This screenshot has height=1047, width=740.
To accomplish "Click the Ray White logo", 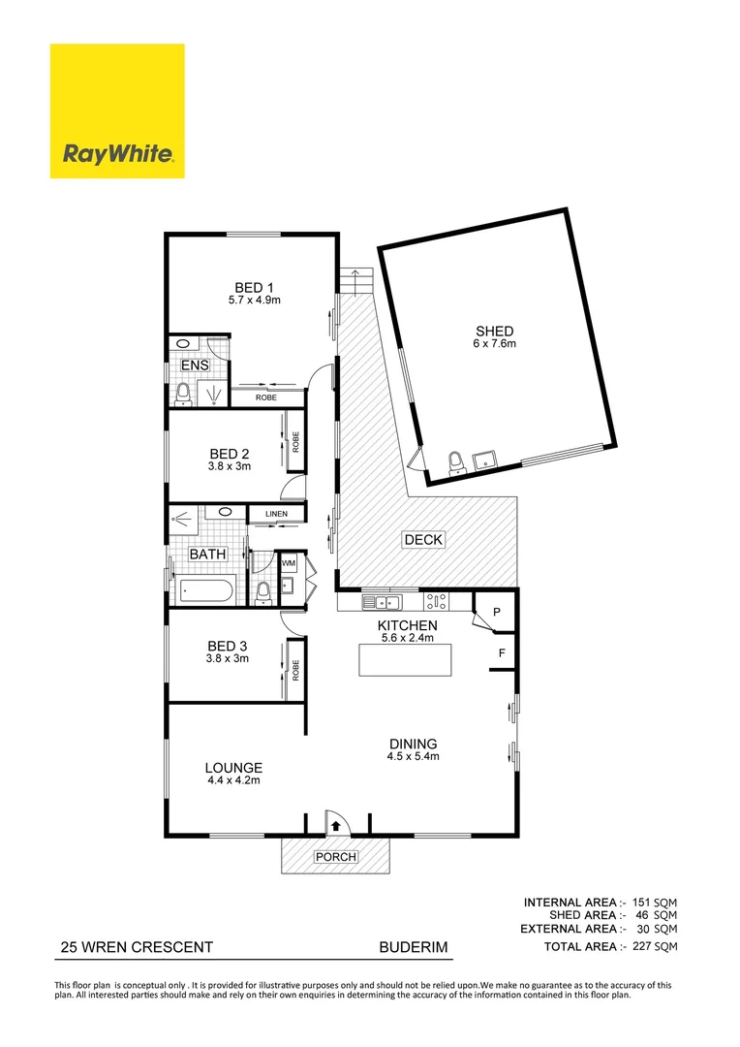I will (x=117, y=111).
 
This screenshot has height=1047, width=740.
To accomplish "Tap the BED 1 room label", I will (x=255, y=286).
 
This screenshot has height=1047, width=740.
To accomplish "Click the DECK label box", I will (x=424, y=540).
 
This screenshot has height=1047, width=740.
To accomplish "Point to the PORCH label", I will (x=336, y=857).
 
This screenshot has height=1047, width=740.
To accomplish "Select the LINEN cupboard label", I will (x=277, y=513).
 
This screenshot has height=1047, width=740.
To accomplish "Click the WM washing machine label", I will (x=289, y=562).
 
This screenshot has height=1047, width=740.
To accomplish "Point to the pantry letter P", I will (x=496, y=613).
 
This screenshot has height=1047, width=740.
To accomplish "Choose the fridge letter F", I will (x=502, y=653).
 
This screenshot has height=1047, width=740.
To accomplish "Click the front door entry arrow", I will (x=335, y=826).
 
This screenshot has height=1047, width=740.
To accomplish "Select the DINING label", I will (x=414, y=744).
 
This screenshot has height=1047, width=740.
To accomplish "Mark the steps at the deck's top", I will (x=355, y=282).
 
